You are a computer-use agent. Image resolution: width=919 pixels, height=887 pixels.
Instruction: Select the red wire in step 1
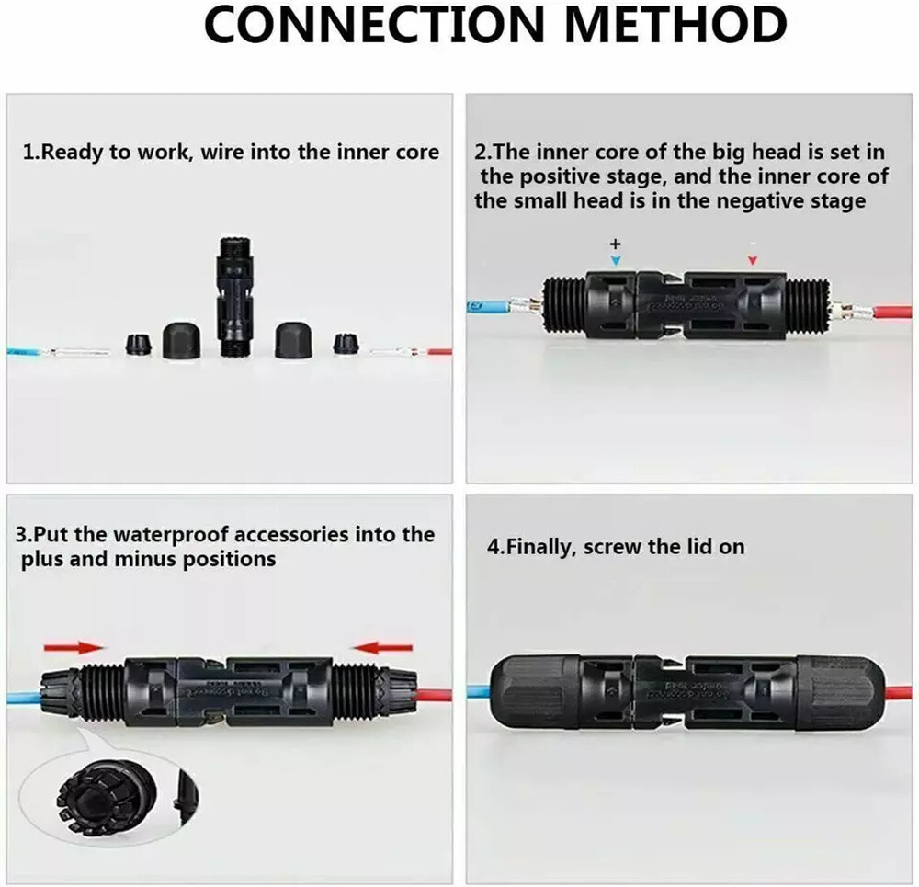(437, 351)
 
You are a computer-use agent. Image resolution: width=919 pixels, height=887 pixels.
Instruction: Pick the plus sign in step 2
(616, 244)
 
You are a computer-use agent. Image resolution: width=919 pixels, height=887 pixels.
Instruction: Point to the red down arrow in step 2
(753, 261)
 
